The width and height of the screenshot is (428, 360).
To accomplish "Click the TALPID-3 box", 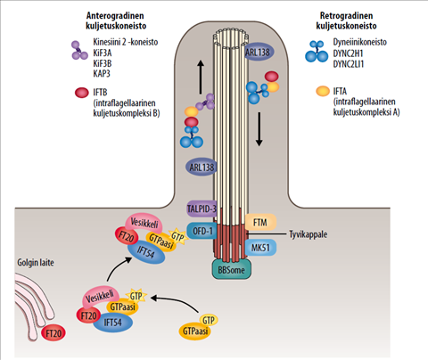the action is [x=202, y=209].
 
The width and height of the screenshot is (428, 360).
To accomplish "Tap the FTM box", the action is [x=260, y=223].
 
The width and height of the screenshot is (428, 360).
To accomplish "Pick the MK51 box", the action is [x=260, y=248].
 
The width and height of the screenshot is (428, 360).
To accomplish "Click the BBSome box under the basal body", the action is [x=232, y=269].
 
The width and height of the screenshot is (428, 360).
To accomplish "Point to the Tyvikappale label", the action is [x=309, y=234].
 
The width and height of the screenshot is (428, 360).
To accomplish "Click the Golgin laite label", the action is [x=36, y=263].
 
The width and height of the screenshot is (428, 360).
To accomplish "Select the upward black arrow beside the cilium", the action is [x=201, y=78].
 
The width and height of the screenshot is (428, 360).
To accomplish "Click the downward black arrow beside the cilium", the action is [x=259, y=129].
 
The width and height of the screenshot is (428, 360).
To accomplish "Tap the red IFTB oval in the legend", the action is [x=82, y=93].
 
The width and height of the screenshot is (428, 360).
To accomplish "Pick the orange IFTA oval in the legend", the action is [x=323, y=91].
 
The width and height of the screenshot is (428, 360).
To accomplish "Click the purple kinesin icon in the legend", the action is [x=79, y=51].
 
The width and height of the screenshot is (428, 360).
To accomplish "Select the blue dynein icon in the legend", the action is [x=317, y=52].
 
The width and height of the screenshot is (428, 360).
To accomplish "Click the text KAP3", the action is [x=102, y=73].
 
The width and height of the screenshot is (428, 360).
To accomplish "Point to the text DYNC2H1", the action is [x=348, y=53].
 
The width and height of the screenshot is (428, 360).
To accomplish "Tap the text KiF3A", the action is [x=103, y=53].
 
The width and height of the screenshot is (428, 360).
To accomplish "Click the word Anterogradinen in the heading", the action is [x=115, y=15].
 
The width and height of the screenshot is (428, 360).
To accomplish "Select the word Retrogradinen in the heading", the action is [x=346, y=15].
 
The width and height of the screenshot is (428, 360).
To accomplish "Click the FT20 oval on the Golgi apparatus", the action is [x=53, y=333].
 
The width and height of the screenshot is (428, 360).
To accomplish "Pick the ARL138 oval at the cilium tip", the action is [x=258, y=53].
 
